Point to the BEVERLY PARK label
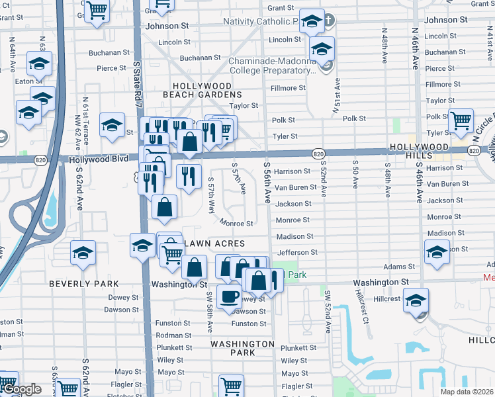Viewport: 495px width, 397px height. (x=83, y=283)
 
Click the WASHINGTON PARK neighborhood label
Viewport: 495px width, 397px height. (x=242, y=348)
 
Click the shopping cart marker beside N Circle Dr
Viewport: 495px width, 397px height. (x=461, y=121)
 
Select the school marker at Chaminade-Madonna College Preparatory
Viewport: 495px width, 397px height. (x=322, y=50)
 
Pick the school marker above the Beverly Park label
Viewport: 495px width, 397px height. (x=83, y=253)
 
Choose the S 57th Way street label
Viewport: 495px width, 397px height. (x=211, y=195)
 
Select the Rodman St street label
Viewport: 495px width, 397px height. (x=174, y=335)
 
